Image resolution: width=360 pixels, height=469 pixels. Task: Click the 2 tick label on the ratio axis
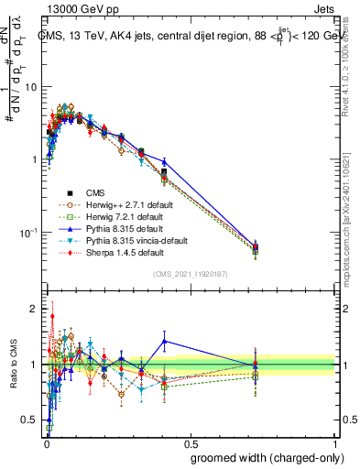(34, 309)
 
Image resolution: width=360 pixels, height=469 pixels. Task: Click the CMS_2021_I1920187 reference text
(190, 274)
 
